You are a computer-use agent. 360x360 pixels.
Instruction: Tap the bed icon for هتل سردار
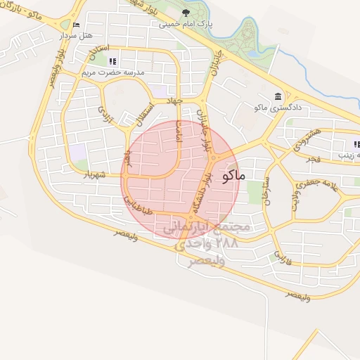77,25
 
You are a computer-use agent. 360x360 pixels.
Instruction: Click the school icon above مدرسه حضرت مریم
113,60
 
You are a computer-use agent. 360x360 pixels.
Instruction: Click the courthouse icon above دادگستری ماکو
278,96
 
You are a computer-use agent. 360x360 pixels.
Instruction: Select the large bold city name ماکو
233,175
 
